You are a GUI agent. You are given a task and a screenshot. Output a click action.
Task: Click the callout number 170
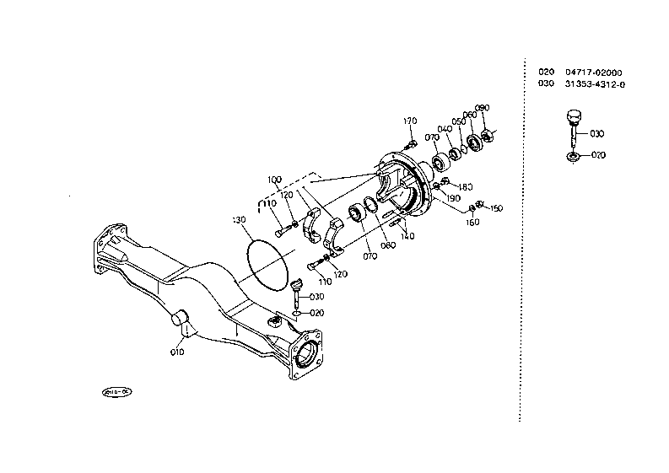(410, 121)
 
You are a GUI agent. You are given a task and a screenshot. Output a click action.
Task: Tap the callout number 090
(483, 108)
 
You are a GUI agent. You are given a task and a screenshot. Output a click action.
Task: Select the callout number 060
(469, 115)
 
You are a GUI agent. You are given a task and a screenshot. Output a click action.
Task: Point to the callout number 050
(458, 121)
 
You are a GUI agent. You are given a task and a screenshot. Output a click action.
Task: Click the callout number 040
(445, 129)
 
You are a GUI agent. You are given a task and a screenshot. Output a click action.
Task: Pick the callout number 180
(466, 186)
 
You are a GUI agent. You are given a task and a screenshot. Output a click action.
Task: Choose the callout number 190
(452, 197)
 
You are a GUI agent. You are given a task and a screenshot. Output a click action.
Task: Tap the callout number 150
(496, 208)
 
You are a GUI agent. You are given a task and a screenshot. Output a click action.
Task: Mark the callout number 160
(472, 223)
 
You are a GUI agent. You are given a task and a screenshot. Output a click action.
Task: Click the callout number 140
(407, 236)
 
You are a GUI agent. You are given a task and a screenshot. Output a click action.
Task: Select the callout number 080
(388, 245)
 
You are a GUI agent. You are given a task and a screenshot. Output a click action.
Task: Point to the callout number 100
(275, 180)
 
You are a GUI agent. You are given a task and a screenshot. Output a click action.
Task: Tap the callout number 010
(177, 352)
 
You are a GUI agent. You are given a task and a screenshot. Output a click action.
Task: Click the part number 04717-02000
(594, 73)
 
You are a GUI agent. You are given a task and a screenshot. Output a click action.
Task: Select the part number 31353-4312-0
(596, 84)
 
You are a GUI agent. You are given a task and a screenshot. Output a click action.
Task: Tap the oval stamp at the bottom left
(116, 392)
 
